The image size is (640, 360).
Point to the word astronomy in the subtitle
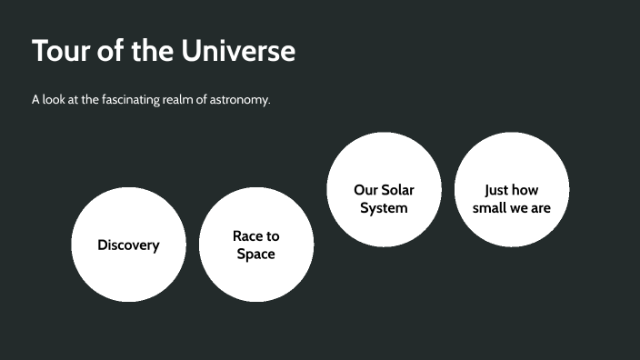click(240, 99)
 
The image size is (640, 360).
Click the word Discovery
click(128, 245)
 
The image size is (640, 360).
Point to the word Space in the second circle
click(256, 255)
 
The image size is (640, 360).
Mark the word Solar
click(397, 190)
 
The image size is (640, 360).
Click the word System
click(384, 208)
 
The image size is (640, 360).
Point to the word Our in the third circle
click(365, 190)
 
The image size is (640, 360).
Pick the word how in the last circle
click(526, 190)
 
